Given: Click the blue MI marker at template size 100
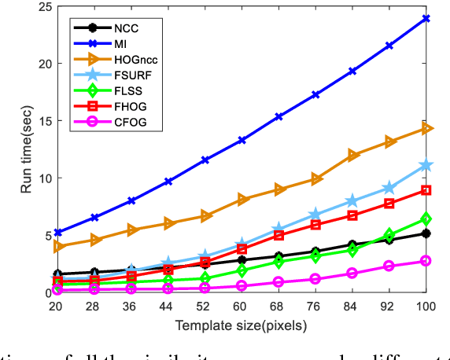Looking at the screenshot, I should (x=426, y=17).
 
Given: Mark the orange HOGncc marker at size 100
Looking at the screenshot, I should (x=426, y=128).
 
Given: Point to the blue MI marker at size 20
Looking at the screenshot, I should (x=57, y=233).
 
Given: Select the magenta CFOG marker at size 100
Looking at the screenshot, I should (x=426, y=260).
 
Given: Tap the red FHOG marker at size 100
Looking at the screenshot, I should (x=426, y=190).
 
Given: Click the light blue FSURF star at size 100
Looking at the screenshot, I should (x=426, y=165).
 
